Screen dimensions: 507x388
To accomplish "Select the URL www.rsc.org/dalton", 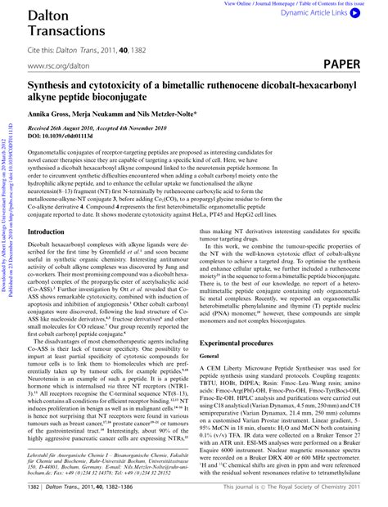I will [x=57, y=64].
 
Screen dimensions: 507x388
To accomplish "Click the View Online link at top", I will [x=240, y=3].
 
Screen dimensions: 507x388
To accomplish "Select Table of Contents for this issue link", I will [x=327, y=3].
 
